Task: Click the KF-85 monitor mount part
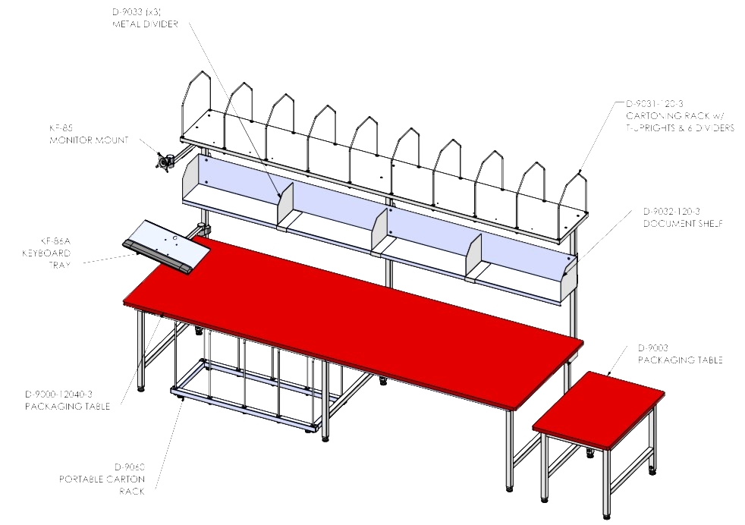coord(165,162)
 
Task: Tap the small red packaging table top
coord(599,410)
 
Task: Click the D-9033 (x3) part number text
coord(137,12)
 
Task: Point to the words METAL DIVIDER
coord(145,24)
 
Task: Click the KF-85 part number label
coord(61,127)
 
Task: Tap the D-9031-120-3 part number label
coord(654,104)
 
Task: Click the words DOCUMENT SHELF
coord(683,223)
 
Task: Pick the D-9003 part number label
coord(653,347)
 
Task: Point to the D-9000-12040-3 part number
coord(59,394)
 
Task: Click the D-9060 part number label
coord(130,467)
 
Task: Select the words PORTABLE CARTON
coord(102,479)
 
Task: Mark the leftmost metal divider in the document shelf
coord(285,206)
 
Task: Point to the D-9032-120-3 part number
coord(671,212)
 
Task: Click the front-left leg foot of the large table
coord(140,388)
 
